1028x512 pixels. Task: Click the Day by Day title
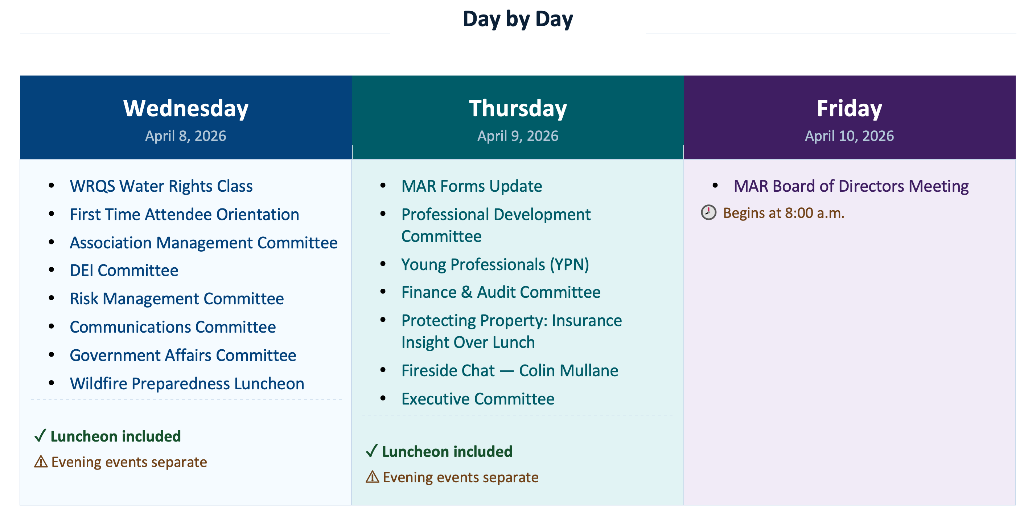coord(518,19)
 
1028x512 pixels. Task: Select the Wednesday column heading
coord(186,108)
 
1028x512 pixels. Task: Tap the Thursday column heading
coord(518,108)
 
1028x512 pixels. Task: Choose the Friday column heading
coord(849,108)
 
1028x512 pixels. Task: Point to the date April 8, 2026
coord(186,136)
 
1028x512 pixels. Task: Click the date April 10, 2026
coord(849,136)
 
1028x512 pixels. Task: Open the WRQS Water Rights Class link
coord(161,186)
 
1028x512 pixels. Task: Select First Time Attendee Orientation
coord(184,215)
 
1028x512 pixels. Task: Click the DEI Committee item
coord(124,271)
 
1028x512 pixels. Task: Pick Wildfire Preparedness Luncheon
coord(187,383)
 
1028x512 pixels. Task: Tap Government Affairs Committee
coord(183,355)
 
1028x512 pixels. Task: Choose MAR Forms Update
coord(472,186)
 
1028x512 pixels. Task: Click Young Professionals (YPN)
coord(495,264)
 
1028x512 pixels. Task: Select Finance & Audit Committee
coord(501,292)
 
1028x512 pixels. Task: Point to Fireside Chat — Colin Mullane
coord(510,370)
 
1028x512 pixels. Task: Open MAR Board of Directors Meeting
coord(851,186)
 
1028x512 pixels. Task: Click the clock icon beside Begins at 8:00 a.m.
coord(708,212)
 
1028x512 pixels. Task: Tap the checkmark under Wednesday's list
coord(40,435)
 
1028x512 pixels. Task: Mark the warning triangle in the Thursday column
coord(372,477)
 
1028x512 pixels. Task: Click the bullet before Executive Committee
coord(383,398)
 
